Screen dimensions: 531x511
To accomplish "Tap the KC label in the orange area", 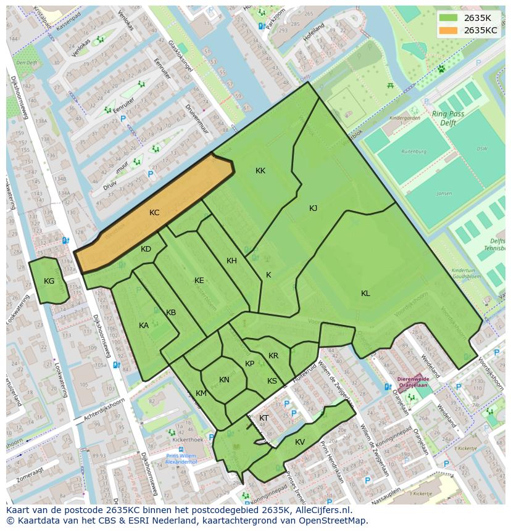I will tap(154, 213).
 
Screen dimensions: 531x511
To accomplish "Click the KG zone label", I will tap(49, 281).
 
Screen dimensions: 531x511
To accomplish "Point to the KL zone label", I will tap(365, 294).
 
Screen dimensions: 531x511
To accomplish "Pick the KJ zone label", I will tap(313, 208).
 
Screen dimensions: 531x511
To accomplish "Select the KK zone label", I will tap(260, 171).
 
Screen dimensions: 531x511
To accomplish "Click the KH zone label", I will tap(231, 261).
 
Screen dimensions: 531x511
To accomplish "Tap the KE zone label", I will tap(199, 281).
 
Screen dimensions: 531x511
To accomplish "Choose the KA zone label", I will tap(143, 326).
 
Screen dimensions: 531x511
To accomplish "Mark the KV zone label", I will tap(300, 442).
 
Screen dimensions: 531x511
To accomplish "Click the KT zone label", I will tap(264, 418).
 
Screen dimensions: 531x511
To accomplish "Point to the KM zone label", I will tap(201, 393).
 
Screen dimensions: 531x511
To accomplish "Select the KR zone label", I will tap(273, 356).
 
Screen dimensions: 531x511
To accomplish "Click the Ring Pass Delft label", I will tap(455, 118).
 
